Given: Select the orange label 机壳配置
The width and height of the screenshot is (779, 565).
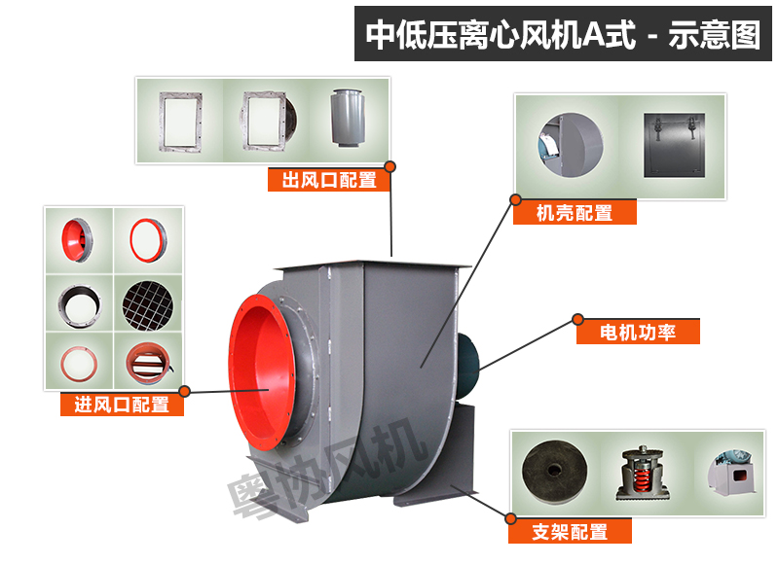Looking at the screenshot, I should pos(575,212).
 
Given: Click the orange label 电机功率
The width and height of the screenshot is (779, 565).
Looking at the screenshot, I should pos(639,332).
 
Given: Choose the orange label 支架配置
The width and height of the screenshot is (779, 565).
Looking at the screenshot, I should pos(570,531).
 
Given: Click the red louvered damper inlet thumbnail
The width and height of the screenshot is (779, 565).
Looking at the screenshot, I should pos(147,364).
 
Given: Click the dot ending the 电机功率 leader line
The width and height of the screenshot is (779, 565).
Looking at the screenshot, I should pos(577,318).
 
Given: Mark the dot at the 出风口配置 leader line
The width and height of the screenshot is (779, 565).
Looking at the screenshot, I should pos(391,166).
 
